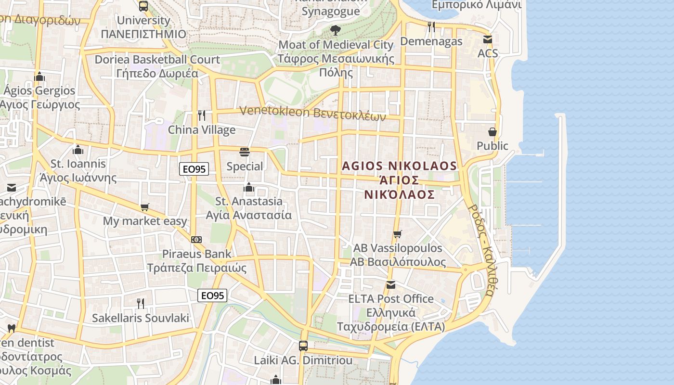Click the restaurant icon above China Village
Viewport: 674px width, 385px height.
point(202,115)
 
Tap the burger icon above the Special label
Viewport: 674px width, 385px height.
point(245,153)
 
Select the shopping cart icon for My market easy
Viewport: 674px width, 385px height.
point(145,207)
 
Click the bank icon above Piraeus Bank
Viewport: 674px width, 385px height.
point(196,239)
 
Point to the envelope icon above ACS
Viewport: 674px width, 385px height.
point(488,39)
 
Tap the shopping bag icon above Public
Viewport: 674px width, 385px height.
point(492,132)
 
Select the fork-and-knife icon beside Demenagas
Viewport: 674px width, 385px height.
point(431,27)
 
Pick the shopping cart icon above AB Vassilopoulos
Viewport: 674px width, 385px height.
point(397,234)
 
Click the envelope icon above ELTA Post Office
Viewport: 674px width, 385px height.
point(390,285)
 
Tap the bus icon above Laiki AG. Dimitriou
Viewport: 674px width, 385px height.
point(303,346)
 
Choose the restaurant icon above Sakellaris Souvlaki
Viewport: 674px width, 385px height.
point(140,303)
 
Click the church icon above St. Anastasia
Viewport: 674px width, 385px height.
point(249,187)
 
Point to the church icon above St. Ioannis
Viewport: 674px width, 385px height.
point(78,150)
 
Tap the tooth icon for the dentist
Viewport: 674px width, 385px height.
point(12,329)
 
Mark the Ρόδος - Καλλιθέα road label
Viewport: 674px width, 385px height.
point(481,251)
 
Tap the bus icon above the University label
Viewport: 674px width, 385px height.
point(143,6)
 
